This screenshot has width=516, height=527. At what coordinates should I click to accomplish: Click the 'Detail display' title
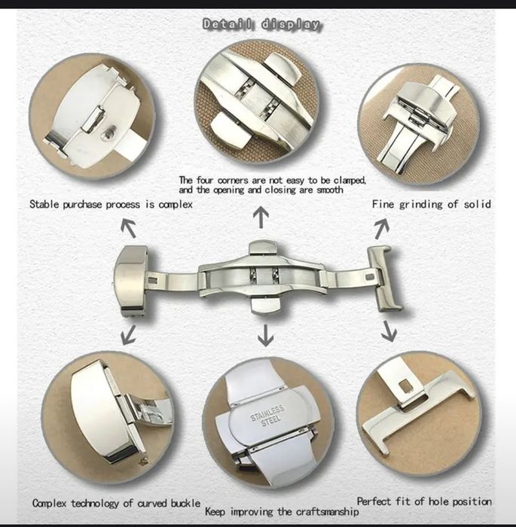[261, 24]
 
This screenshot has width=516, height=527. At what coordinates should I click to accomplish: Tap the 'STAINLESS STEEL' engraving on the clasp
[267, 415]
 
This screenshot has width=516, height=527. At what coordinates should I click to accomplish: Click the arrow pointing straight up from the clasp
[261, 218]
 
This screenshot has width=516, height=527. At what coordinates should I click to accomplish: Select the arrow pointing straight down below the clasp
[265, 335]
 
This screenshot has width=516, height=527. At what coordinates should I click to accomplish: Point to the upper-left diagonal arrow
[129, 228]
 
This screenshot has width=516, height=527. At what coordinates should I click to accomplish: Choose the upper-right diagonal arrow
[382, 229]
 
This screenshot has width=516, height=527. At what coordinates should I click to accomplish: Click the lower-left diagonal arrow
[128, 335]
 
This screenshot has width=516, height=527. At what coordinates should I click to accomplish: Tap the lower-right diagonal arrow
[389, 331]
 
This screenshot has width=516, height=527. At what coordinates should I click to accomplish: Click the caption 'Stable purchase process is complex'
[111, 204]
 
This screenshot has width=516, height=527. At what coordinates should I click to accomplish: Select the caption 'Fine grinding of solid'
[432, 204]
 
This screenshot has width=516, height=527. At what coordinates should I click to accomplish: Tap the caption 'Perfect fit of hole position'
[424, 501]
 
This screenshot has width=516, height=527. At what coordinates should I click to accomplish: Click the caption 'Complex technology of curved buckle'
[117, 503]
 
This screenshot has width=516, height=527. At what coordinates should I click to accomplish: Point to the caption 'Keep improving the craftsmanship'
[282, 511]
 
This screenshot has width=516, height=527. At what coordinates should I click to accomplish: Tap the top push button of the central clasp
[263, 248]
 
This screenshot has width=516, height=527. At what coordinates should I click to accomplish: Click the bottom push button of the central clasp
[266, 305]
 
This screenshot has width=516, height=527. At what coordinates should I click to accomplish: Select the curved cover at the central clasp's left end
[130, 279]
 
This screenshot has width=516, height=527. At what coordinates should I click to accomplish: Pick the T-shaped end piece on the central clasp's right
[385, 279]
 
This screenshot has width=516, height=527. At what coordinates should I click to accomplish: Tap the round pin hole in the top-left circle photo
[108, 133]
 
